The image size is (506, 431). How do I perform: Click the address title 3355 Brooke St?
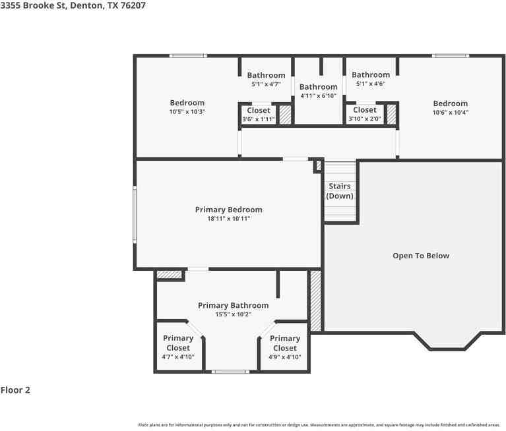(x=73, y=5)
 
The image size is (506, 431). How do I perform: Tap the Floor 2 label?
(x=15, y=390)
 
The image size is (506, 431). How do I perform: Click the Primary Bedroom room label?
(x=228, y=210)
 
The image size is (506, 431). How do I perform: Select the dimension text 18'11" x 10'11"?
(x=228, y=219)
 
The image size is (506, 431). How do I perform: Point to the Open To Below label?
(x=421, y=256)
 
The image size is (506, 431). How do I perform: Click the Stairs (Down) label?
(x=340, y=191)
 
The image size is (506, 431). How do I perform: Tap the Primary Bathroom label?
(x=233, y=305)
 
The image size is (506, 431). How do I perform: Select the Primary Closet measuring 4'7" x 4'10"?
(x=178, y=343)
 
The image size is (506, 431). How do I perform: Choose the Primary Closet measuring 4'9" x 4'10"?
(x=284, y=343)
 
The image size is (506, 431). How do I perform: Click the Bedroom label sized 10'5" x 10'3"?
(x=187, y=103)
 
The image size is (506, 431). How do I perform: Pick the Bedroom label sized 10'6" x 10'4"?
(x=451, y=103)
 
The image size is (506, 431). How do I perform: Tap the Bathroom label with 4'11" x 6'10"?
(x=319, y=87)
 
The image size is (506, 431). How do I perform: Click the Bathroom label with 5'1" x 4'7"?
(x=267, y=75)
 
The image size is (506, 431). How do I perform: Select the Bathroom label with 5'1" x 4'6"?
(x=371, y=75)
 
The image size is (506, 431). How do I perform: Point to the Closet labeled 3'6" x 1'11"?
(x=259, y=111)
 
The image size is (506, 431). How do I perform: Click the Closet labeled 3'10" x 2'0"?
(x=365, y=110)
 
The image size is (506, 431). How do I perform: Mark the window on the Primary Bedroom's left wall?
(x=135, y=214)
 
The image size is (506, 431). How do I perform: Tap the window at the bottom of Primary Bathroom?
(x=231, y=372)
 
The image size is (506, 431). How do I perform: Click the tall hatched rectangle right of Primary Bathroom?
(x=315, y=301)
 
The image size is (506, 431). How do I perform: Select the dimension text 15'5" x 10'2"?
(x=233, y=314)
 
